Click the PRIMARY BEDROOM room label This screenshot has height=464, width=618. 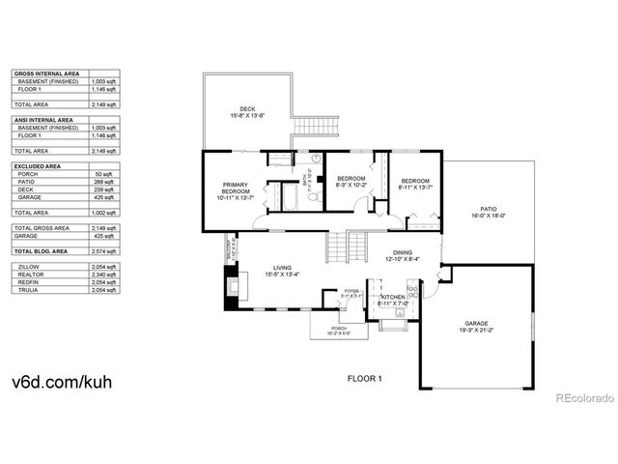[x=236, y=190]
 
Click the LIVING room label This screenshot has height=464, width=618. [x=282, y=268]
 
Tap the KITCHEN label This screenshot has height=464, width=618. [x=393, y=297]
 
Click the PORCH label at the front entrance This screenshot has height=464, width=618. [x=339, y=330]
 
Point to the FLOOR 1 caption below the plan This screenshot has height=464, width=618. [x=365, y=379]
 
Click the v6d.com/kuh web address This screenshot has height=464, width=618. [x=62, y=381]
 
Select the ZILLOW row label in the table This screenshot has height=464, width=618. [x=28, y=267]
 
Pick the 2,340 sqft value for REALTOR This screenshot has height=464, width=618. [x=104, y=275]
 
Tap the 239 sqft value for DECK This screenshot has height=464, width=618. [x=104, y=189]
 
